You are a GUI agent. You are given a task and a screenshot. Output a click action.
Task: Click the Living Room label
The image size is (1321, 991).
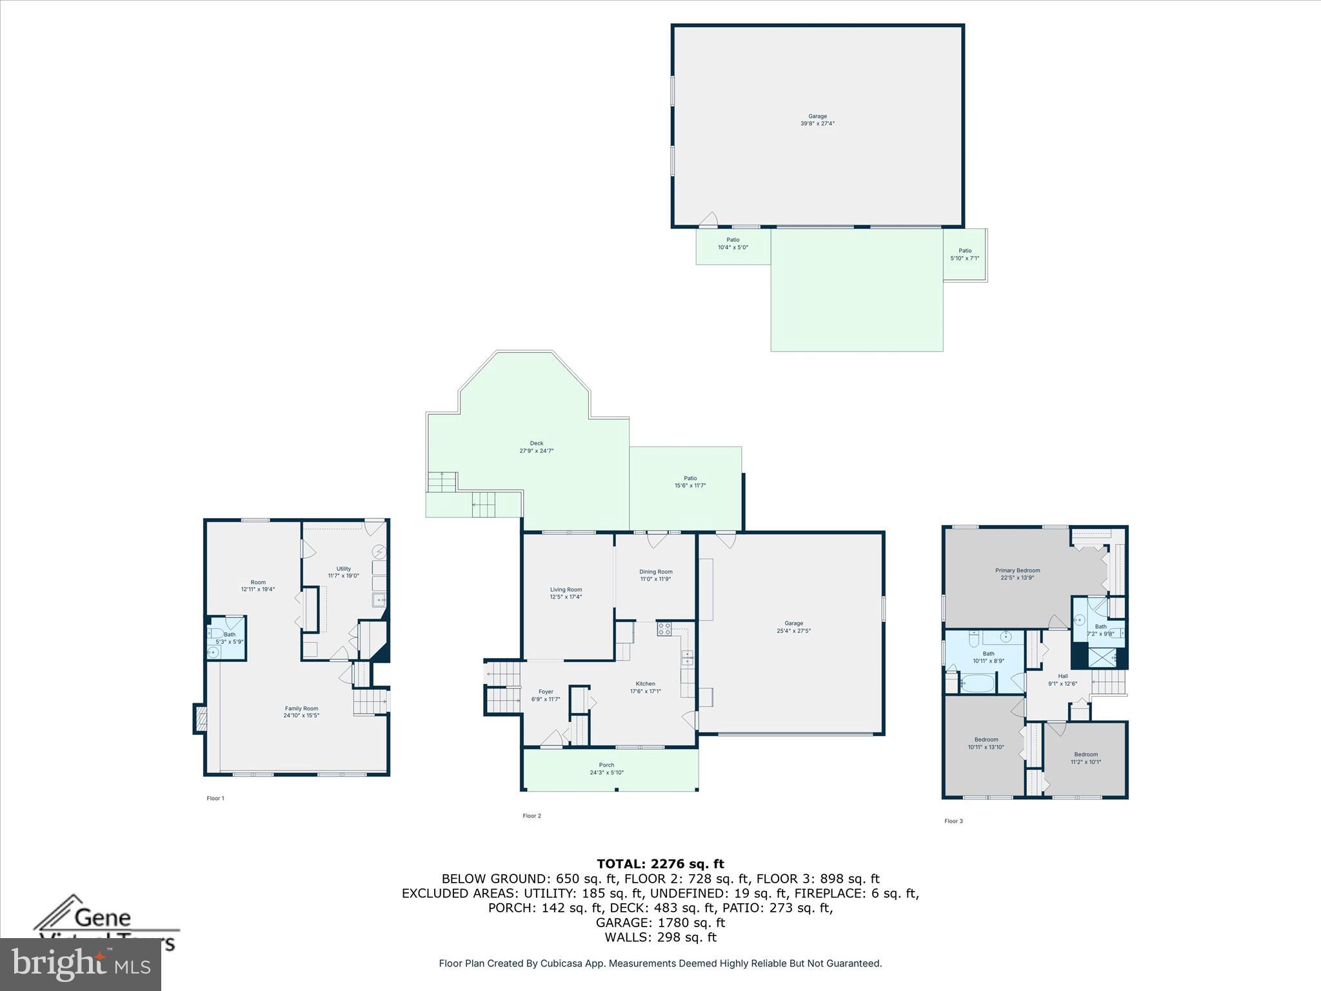(x=566, y=593)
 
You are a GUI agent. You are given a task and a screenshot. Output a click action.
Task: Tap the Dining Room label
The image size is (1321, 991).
(x=655, y=575)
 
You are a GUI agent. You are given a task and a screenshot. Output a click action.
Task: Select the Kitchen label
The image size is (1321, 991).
(x=645, y=687)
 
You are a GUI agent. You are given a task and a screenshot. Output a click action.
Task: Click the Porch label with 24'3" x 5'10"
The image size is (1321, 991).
(x=606, y=768)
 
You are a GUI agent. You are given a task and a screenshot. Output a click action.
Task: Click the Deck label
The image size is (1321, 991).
(x=537, y=446)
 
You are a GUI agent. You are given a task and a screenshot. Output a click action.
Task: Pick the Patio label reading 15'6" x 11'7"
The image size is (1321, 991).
(x=690, y=481)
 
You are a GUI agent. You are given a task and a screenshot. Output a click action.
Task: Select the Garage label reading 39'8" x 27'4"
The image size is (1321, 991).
(x=817, y=119)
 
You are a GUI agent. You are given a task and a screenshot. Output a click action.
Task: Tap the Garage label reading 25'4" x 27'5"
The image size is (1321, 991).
(x=793, y=626)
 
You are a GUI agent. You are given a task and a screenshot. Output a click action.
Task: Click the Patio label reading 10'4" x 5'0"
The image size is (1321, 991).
(x=733, y=243)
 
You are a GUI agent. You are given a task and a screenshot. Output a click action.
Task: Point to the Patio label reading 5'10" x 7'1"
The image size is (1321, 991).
(x=964, y=254)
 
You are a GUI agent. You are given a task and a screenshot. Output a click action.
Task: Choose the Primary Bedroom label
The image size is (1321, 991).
(x=1017, y=574)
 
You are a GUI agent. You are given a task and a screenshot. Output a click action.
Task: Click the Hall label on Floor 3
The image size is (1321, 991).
(x=1062, y=679)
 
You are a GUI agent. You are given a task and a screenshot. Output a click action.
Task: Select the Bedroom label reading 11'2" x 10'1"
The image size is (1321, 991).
(x=1086, y=757)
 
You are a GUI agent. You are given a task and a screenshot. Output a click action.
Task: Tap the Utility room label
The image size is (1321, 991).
(x=343, y=572)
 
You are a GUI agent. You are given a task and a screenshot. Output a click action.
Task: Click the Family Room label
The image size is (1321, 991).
(x=301, y=712)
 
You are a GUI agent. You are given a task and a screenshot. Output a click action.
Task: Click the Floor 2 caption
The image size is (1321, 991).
(x=531, y=816)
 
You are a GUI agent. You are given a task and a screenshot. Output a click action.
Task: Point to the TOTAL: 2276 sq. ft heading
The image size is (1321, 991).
(x=660, y=863)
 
